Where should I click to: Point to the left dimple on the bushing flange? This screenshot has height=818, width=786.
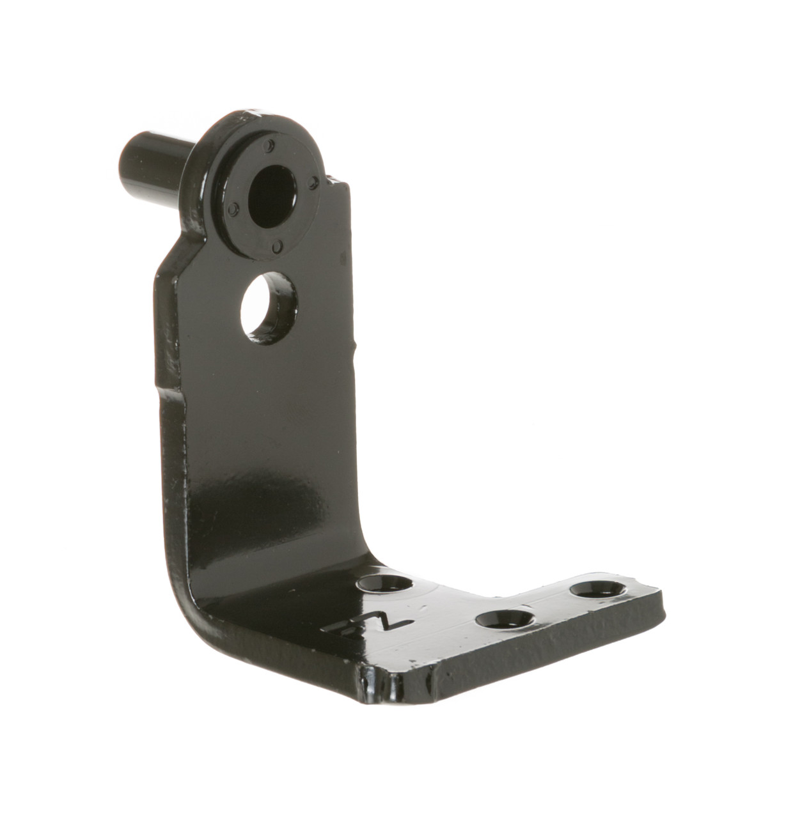tap(233, 208)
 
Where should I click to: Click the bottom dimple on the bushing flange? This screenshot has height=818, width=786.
tap(277, 245)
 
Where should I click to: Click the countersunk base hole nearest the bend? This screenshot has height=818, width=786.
tap(385, 583)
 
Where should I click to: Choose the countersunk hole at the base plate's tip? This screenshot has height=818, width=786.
tap(600, 590)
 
